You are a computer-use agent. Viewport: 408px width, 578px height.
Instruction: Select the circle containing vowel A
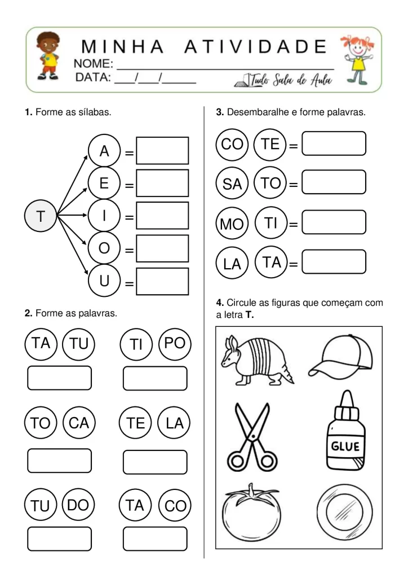[x=104, y=151]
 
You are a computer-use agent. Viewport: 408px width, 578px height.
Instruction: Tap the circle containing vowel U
[x=104, y=281]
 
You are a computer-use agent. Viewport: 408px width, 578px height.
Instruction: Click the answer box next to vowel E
[x=162, y=183]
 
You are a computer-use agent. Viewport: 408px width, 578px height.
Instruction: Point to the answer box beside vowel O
[x=162, y=248]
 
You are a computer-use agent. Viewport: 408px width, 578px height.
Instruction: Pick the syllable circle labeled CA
[x=79, y=423]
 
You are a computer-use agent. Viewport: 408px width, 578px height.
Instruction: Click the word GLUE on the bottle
[x=345, y=446]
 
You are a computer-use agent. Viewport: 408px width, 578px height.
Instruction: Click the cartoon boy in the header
[x=45, y=57]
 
